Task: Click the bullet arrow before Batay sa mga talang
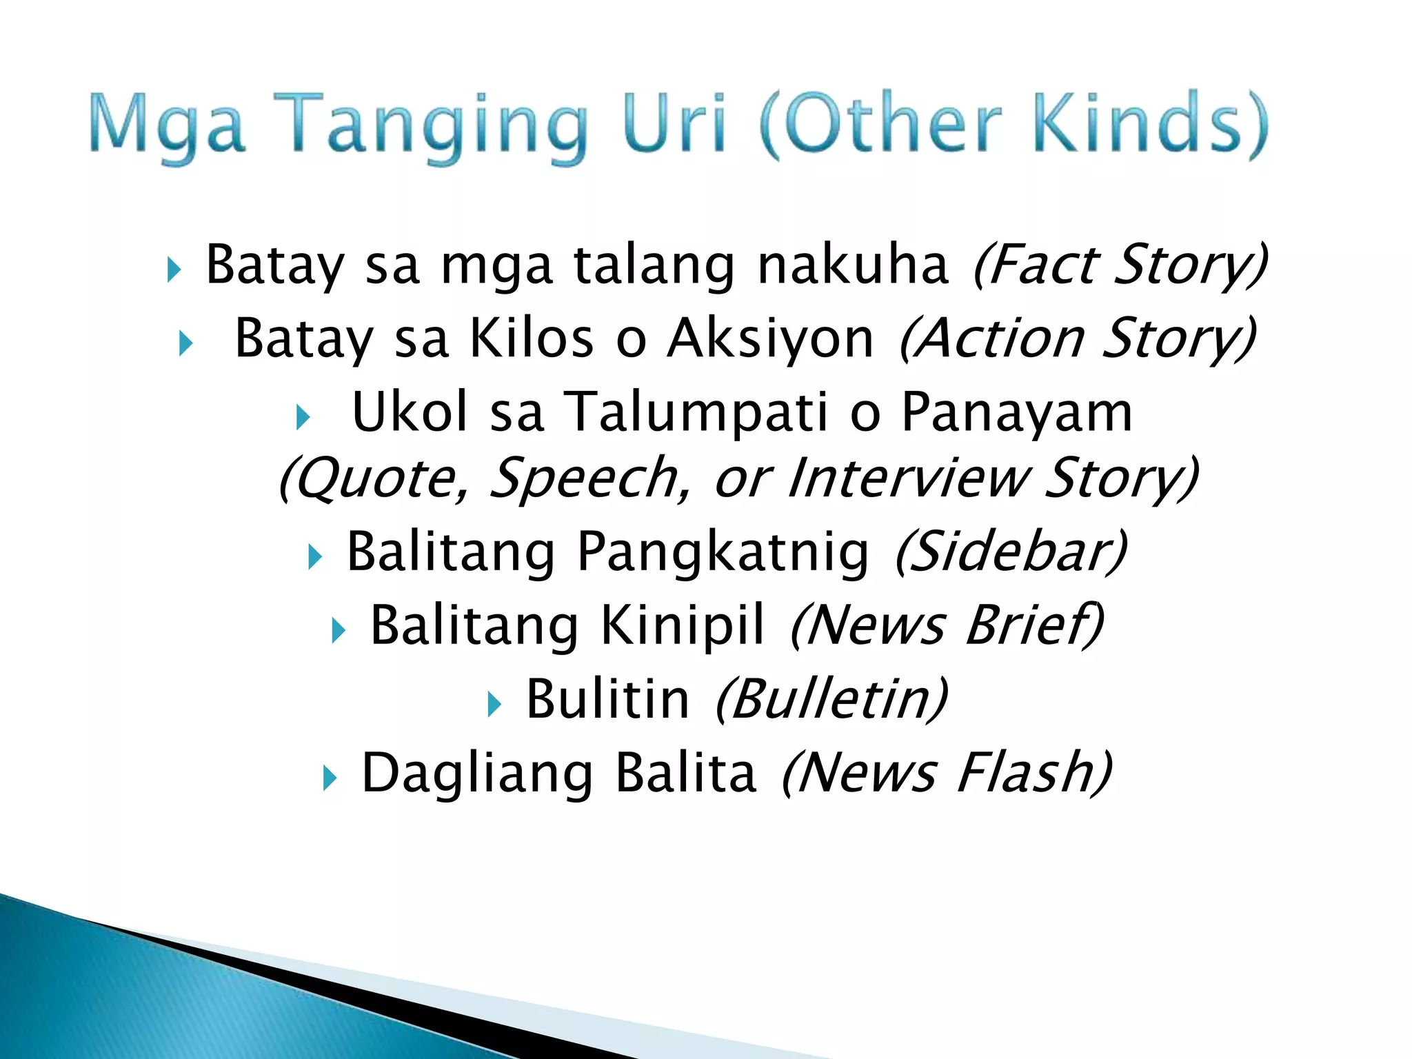tap(174, 270)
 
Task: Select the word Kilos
tap(531, 339)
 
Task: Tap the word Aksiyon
tap(770, 339)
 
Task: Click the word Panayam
tap(1016, 412)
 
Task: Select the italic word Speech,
tap(590, 478)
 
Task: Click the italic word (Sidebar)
tap(1011, 552)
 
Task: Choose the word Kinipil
tap(683, 625)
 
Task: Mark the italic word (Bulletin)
tap(831, 699)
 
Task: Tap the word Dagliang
tap(476, 774)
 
